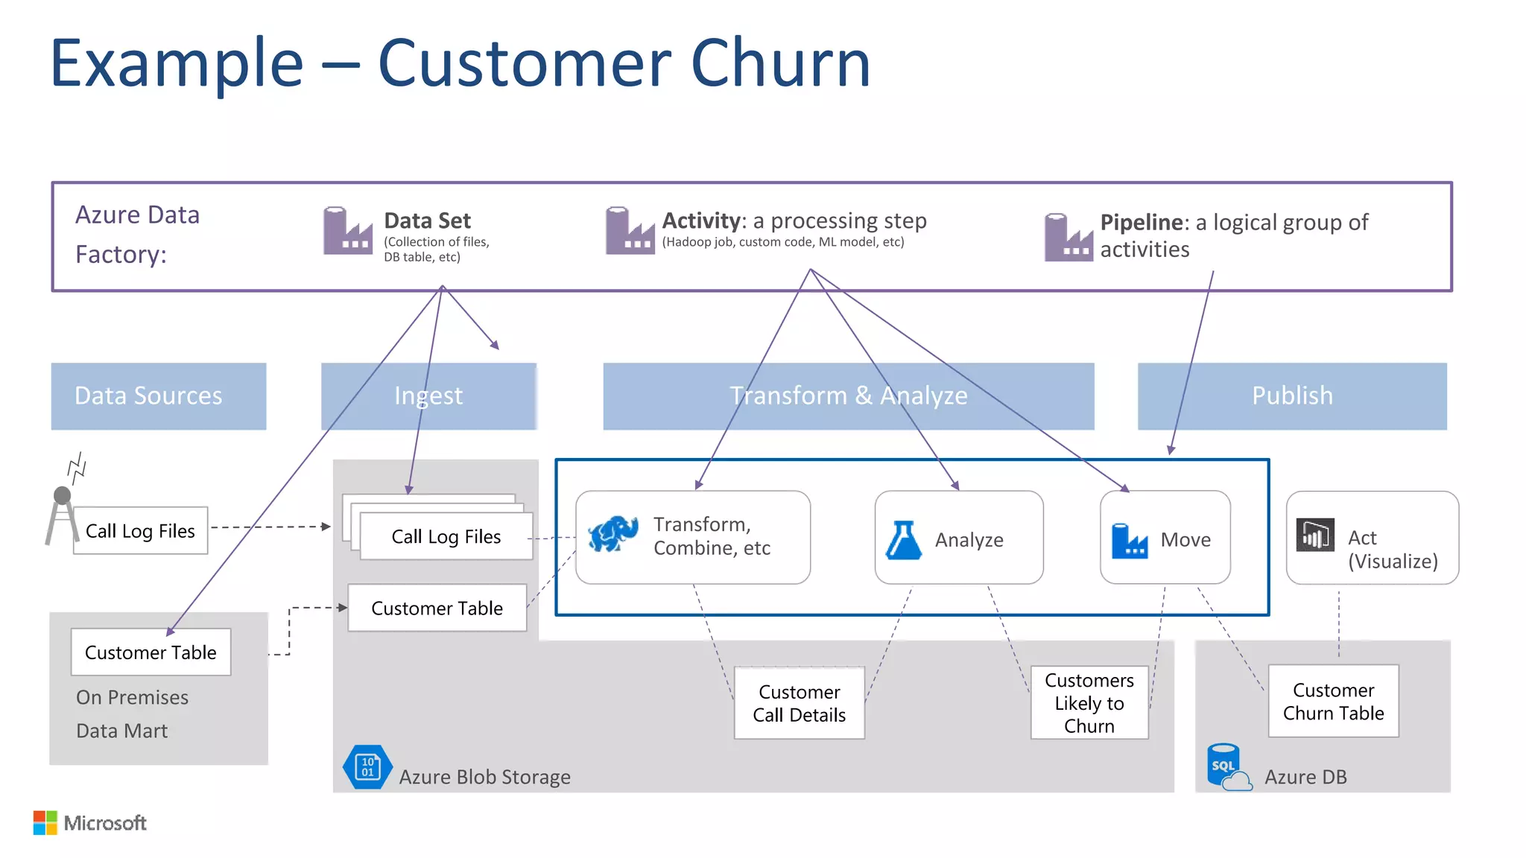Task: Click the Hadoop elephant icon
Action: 612,533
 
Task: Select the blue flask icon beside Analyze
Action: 903,540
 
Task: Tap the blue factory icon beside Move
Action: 1129,541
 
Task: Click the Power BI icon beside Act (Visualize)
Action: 1314,535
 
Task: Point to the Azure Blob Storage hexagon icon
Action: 367,766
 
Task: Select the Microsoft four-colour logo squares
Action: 45,822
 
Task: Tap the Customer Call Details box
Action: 799,703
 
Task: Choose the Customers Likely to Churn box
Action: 1089,702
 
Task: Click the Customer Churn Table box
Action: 1333,701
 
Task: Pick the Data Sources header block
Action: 159,396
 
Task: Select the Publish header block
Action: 1292,396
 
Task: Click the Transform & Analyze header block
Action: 848,396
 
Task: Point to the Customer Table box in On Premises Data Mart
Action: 151,652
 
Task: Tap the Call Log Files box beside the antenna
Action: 140,530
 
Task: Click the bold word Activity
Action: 703,220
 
